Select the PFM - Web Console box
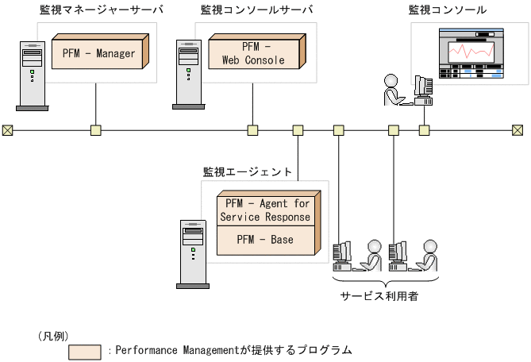coord(253,53)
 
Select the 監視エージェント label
coord(248,171)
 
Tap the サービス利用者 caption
coord(379,295)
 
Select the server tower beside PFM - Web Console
coord(187,75)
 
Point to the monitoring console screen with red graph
coord(473,55)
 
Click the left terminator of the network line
coord(7,130)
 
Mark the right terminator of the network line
coord(518,130)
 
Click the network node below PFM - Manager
coord(96,130)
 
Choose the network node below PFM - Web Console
coord(253,130)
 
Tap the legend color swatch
coord(85,351)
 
